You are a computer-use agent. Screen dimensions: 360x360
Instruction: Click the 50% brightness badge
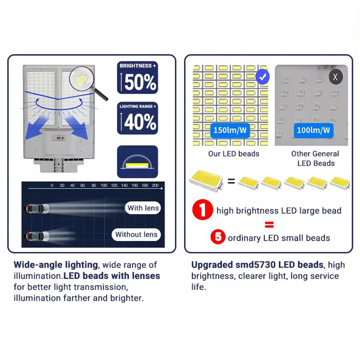pyautogui.click(x=138, y=77)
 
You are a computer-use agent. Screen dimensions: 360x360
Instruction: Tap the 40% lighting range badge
pyautogui.click(x=138, y=118)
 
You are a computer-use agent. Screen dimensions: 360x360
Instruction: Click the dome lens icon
pyautogui.click(x=138, y=162)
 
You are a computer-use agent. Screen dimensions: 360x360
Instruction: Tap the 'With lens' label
pyautogui.click(x=143, y=208)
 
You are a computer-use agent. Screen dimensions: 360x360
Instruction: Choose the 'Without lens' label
pyautogui.click(x=136, y=234)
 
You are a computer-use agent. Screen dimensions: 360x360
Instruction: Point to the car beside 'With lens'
pyautogui.click(x=37, y=208)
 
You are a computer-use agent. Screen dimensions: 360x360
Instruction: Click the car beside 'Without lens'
pyautogui.click(x=37, y=236)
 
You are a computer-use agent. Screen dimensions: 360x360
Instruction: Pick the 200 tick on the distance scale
pyautogui.click(x=155, y=185)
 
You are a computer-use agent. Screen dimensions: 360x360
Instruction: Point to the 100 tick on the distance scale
pyautogui.click(x=104, y=185)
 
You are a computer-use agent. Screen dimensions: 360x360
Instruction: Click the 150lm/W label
pyautogui.click(x=230, y=130)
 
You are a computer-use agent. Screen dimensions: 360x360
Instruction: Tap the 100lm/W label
pyautogui.click(x=313, y=130)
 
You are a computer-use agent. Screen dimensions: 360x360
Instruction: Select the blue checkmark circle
pyautogui.click(x=263, y=76)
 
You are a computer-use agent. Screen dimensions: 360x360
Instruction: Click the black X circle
pyautogui.click(x=336, y=77)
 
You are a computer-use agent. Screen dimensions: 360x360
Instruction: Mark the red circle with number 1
pyautogui.click(x=202, y=210)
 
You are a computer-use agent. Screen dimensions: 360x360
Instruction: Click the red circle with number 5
pyautogui.click(x=218, y=237)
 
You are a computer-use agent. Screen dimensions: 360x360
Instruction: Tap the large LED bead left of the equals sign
pyautogui.click(x=206, y=180)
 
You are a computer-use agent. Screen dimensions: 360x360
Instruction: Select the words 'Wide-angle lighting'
pyautogui.click(x=56, y=265)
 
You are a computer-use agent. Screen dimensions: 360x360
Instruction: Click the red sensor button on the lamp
pyautogui.click(x=62, y=138)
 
